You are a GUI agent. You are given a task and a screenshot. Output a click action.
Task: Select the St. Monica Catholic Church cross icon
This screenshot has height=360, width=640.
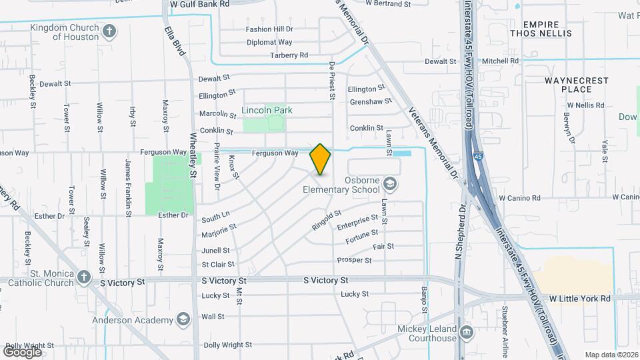coord(83,276)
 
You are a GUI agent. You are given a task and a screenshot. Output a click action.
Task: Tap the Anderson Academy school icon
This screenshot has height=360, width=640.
coord(181,321)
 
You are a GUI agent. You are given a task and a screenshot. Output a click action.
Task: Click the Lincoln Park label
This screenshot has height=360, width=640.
coord(267,110)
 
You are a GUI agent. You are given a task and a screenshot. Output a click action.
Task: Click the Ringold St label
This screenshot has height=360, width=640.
coord(327,220)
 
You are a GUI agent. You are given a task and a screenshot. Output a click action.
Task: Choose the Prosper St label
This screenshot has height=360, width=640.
coord(354,260)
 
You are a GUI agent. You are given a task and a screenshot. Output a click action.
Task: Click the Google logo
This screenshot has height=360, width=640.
coord(22,351)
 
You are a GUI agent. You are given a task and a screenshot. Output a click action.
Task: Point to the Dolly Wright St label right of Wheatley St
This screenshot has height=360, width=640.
coord(228,345)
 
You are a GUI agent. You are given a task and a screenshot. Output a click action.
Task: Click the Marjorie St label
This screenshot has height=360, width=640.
coord(219,231)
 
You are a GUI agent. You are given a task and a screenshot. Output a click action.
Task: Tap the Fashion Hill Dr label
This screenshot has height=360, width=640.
coord(269,29)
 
